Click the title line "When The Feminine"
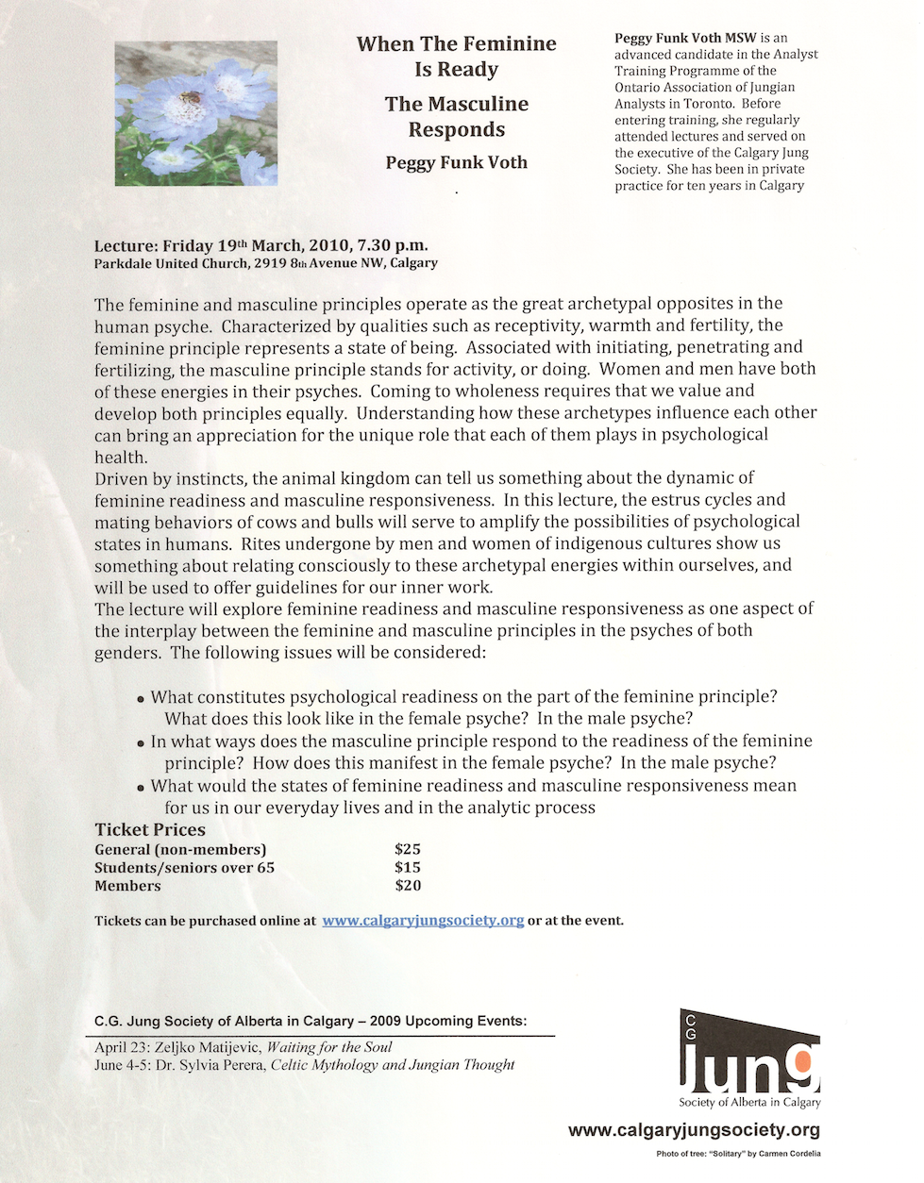456,44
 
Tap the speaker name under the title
456,162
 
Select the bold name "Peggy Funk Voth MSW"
685,38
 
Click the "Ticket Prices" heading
150,829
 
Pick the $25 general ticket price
408,849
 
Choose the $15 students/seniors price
408,867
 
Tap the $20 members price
408,885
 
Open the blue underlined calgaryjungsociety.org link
423,920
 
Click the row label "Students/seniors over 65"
184,867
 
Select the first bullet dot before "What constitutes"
141,699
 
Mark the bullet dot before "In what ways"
141,743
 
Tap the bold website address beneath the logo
694,1130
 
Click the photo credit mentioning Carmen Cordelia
738,1154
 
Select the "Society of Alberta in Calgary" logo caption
749,1102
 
